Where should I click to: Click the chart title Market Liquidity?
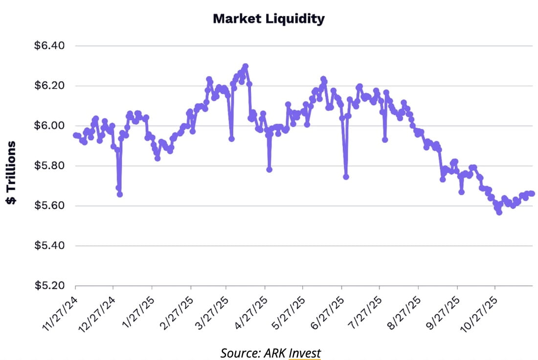pyautogui.click(x=269, y=19)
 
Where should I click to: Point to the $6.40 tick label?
pyautogui.click(x=49, y=46)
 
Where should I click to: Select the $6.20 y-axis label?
pyautogui.click(x=49, y=86)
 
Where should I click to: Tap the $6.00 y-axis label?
pyautogui.click(x=49, y=126)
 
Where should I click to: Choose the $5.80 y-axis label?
pyautogui.click(x=49, y=166)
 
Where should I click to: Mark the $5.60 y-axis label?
pyautogui.click(x=49, y=206)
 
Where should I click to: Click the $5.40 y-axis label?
pyautogui.click(x=49, y=246)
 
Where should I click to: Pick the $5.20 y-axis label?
pyautogui.click(x=49, y=286)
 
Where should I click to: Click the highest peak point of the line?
pyautogui.click(x=246, y=66)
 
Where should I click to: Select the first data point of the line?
pyautogui.click(x=75, y=135)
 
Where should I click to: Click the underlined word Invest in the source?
pyautogui.click(x=305, y=353)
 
